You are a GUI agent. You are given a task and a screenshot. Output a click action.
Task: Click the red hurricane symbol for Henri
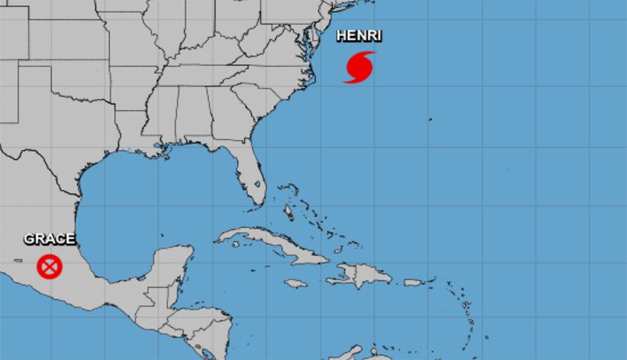pyautogui.click(x=359, y=67)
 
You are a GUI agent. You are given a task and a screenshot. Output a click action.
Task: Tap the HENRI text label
pyautogui.click(x=359, y=35)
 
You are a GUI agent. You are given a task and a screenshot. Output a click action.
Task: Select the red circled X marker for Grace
pyautogui.click(x=49, y=265)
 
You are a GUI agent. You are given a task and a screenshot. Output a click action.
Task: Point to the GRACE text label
pyautogui.click(x=49, y=239)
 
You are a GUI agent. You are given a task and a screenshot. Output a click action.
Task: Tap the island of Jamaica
pyautogui.click(x=295, y=283)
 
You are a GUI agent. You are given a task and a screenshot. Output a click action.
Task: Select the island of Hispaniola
pyautogui.click(x=359, y=276)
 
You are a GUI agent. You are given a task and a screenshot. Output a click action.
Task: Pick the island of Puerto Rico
pyautogui.click(x=414, y=282)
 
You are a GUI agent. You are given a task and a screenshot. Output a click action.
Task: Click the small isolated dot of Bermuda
pyautogui.click(x=430, y=119)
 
